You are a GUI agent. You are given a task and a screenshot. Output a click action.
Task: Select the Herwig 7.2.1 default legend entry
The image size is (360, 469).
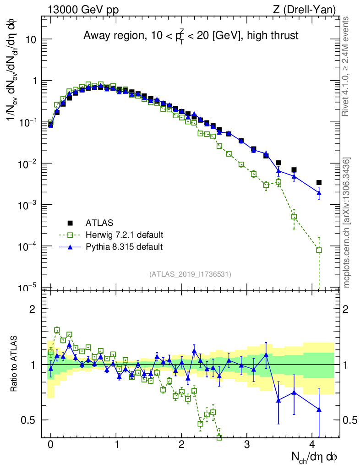coord(124,235)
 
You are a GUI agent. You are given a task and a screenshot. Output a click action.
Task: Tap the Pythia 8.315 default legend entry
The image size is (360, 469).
coord(124,247)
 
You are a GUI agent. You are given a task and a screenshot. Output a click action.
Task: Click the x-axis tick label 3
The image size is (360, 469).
coord(247,445)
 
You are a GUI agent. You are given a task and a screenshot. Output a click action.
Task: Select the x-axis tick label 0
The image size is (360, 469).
coord(50,445)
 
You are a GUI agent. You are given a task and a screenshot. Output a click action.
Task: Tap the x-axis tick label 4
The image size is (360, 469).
coord(312,445)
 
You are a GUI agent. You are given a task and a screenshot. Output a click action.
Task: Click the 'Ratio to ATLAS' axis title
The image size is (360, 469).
coord(16,365)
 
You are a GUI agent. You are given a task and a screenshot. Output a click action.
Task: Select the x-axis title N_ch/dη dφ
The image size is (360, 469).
coord(315,457)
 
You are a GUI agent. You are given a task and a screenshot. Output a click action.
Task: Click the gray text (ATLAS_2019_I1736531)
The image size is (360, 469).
coord(190,274)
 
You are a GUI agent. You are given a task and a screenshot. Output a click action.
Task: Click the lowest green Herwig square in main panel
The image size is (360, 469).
coord(319,250)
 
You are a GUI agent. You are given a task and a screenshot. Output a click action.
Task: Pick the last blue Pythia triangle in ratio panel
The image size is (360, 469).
coord(319,409)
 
